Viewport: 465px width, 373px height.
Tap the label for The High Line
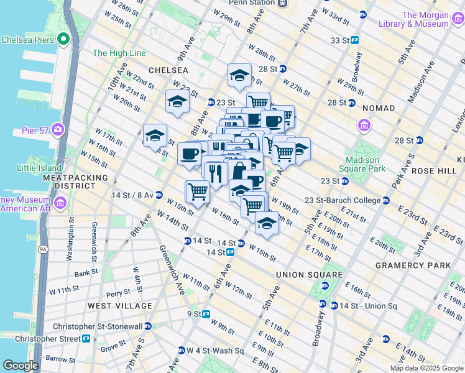[119, 53]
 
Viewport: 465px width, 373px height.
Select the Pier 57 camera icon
[58, 130]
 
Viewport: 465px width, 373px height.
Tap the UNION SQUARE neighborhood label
[310, 275]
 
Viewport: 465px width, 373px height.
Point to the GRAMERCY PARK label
[413, 265]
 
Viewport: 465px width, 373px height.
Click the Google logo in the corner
[20, 366]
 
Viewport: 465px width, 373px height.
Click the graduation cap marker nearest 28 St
[239, 76]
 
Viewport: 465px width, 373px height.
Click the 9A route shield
[43, 249]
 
